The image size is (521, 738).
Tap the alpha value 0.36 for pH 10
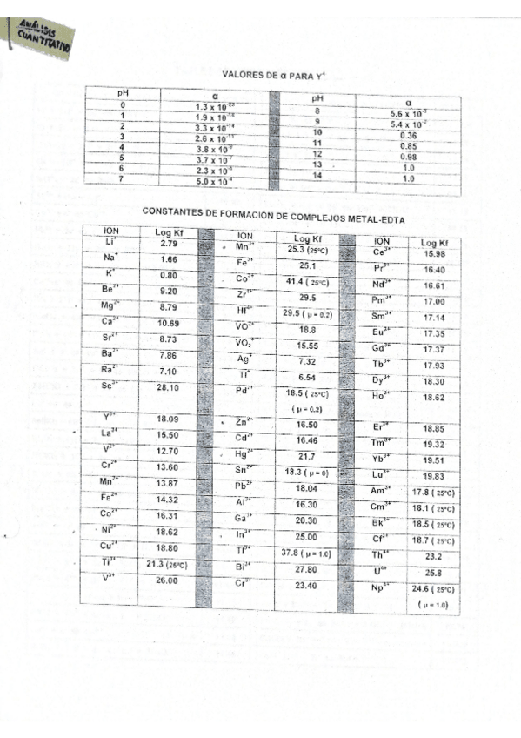click(406, 135)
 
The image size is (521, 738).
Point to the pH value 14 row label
click(317, 176)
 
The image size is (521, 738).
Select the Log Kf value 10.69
click(169, 322)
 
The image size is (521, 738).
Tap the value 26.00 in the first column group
click(169, 579)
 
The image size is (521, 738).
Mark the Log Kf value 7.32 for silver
click(306, 360)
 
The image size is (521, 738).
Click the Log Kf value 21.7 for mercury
click(306, 455)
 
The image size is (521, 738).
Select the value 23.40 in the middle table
click(306, 586)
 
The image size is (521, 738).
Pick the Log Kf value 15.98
click(434, 253)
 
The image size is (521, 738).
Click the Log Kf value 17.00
click(434, 301)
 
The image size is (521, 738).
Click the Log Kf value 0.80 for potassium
click(169, 274)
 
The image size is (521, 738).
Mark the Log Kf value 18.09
click(168, 419)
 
